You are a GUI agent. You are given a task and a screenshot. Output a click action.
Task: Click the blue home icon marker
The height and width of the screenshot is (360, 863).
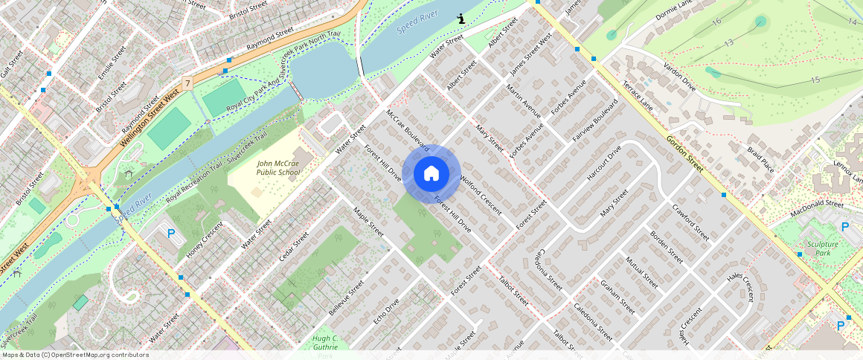pos(431,174)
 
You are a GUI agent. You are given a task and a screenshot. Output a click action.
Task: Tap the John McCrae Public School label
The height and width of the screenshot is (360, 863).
pos(278,167)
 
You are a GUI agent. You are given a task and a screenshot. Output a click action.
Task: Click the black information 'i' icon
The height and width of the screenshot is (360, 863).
pos(461,19)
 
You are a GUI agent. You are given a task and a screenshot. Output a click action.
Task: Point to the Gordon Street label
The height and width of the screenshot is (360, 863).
pos(684,153)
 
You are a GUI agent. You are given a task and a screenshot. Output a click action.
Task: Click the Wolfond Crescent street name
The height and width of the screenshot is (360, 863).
pos(481,195)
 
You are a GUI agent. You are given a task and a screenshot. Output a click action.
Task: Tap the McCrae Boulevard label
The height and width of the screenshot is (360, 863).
pos(407,131)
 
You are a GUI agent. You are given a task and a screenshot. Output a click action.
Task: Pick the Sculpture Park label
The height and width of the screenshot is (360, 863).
pos(822,248)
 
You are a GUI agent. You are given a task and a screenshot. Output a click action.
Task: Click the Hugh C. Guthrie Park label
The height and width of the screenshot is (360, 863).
pos(326,346)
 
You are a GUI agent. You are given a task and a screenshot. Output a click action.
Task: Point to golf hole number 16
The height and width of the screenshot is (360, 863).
pos(716,22)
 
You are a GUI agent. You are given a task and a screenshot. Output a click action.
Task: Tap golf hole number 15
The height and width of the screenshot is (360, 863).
pos(815,80)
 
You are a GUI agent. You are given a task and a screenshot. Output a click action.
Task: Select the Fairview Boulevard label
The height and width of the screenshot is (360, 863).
pos(594,121)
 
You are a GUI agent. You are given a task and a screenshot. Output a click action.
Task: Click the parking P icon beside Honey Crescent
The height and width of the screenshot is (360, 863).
pos(171,234)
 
